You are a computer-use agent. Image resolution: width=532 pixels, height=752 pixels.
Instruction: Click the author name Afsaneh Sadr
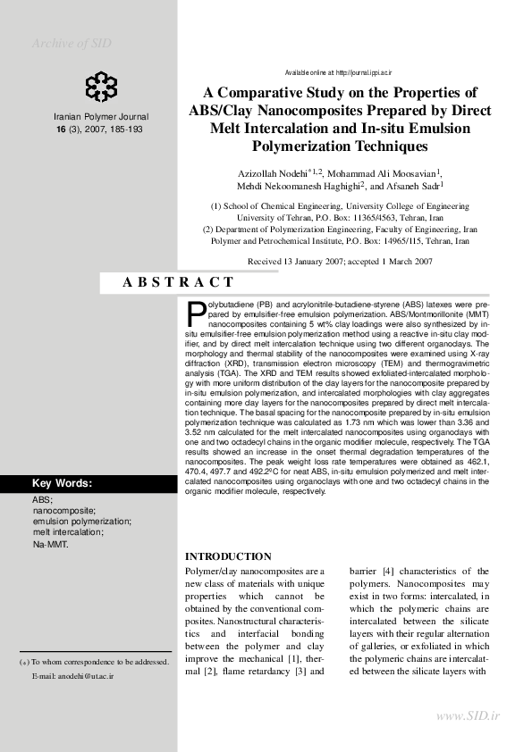pos(419,187)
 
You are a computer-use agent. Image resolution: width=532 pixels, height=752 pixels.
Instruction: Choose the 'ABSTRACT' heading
pos(177,281)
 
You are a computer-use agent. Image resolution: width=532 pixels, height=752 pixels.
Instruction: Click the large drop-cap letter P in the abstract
pos(196,314)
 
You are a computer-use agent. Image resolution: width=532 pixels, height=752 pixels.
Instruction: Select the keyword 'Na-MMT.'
pos(50,544)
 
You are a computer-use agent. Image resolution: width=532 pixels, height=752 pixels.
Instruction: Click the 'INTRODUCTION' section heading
pos(227,556)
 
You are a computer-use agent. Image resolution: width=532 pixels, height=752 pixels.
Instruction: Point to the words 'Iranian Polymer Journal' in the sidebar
pos(101,117)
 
